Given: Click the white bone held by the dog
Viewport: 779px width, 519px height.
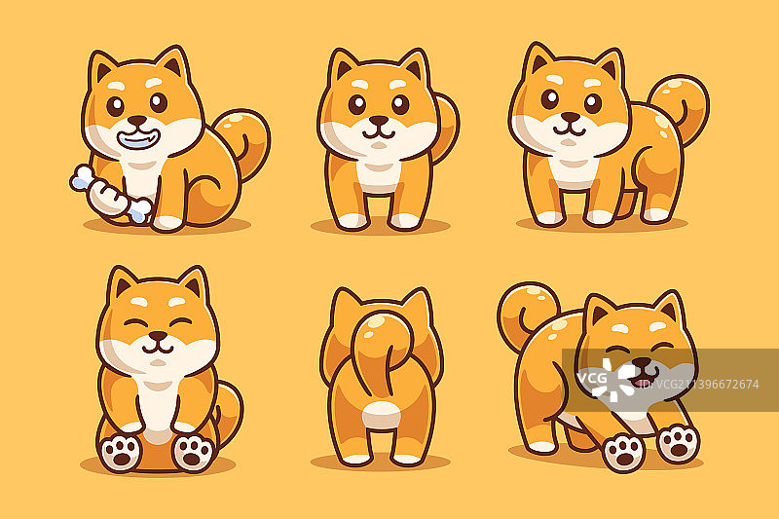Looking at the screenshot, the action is click(110, 194).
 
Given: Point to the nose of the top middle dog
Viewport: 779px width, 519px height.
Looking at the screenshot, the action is click(379, 120).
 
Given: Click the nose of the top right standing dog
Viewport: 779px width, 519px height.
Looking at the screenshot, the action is click(571, 117).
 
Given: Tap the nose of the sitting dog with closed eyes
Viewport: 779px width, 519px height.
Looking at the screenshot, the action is click(158, 336).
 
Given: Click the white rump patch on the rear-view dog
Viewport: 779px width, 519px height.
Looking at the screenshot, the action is click(381, 415).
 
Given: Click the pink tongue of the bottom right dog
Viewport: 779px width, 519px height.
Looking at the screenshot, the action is click(639, 383).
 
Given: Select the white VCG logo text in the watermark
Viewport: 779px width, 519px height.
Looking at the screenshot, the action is click(592, 378).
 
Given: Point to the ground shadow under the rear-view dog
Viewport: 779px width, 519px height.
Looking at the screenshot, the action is click(381, 463).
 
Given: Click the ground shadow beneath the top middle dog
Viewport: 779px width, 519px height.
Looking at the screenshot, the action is click(381, 227).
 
